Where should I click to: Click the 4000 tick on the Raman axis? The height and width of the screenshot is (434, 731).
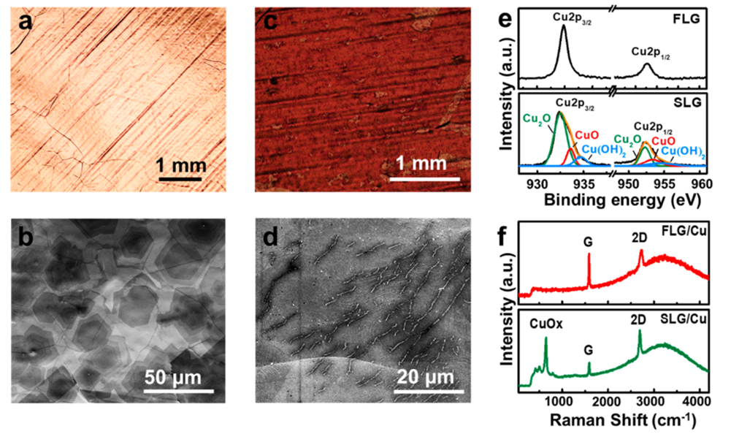point(694,400)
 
